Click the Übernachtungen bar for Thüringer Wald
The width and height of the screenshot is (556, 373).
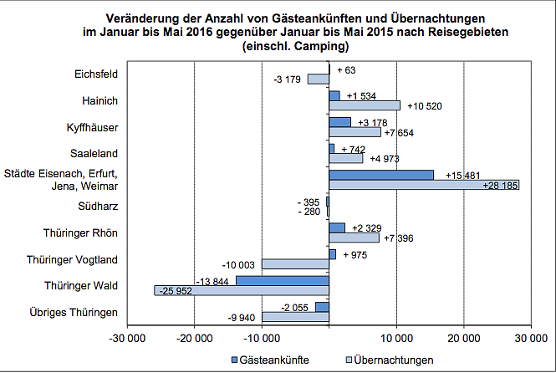(242, 291)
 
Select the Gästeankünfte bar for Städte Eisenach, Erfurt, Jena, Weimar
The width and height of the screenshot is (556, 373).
(381, 175)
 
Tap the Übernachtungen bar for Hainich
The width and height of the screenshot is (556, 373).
(365, 105)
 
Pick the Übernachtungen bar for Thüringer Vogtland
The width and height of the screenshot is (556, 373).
(295, 264)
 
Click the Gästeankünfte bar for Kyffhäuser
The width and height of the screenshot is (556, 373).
(339, 122)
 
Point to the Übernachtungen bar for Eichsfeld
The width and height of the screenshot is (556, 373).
(319, 79)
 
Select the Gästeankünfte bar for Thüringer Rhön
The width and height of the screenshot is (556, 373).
(337, 227)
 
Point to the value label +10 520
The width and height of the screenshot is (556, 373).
(424, 106)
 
